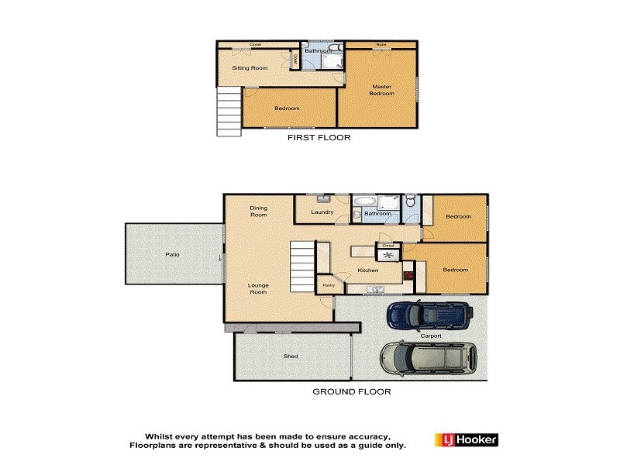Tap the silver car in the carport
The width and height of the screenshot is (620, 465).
427,357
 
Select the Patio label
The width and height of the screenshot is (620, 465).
172,254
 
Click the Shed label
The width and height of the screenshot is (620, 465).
291,356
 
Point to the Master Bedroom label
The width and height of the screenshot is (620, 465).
381,90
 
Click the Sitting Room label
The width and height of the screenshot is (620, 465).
250,68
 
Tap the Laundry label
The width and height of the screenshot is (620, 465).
322,212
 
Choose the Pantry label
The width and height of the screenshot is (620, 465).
328,285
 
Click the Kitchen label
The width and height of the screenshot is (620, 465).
367,270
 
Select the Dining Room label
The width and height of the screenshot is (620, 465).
258,211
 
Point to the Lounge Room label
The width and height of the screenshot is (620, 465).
258,288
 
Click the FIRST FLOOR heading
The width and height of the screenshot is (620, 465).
319,138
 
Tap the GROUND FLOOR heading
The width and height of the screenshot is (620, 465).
351,392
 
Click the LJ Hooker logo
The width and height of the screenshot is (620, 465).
466,439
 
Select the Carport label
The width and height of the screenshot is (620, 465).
431,336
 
